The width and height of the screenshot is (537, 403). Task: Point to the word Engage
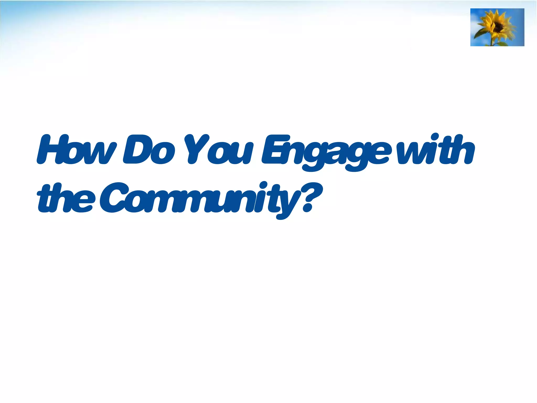coord(325,152)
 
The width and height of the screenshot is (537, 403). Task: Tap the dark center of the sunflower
coord(498,26)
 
